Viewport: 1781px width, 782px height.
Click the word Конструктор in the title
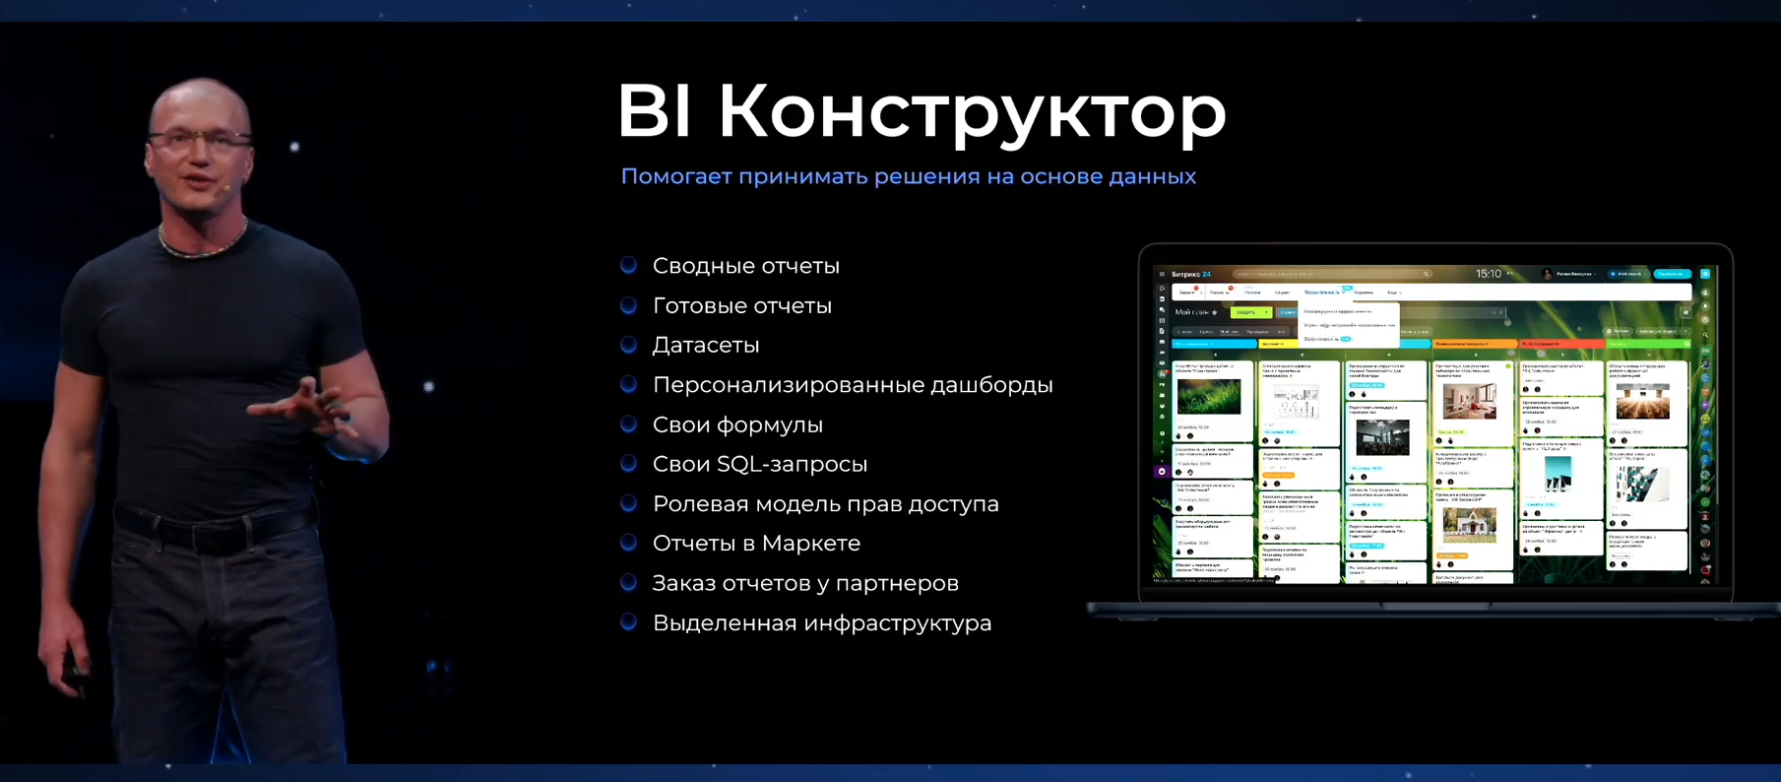point(972,111)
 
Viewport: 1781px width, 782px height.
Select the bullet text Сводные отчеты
point(745,266)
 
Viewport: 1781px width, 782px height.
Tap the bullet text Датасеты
point(705,346)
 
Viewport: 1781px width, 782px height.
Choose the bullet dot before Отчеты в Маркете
point(628,543)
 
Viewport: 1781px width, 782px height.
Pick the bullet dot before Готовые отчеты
point(628,305)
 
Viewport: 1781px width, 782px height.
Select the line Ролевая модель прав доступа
point(825,504)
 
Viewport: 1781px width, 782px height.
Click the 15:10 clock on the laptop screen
point(1488,274)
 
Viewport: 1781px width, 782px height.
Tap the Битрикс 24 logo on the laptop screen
point(1190,275)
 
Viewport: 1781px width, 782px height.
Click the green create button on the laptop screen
point(1248,312)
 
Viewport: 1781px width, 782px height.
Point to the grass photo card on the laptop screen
point(1208,397)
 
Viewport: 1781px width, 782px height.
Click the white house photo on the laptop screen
point(1469,525)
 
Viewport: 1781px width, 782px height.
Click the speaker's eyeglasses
point(200,140)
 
